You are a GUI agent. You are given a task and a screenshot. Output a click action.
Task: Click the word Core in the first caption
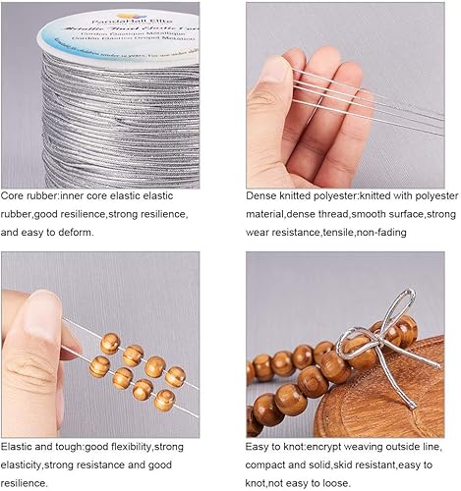pos(13,195)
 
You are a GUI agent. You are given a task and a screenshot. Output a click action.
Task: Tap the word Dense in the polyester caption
pos(262,195)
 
